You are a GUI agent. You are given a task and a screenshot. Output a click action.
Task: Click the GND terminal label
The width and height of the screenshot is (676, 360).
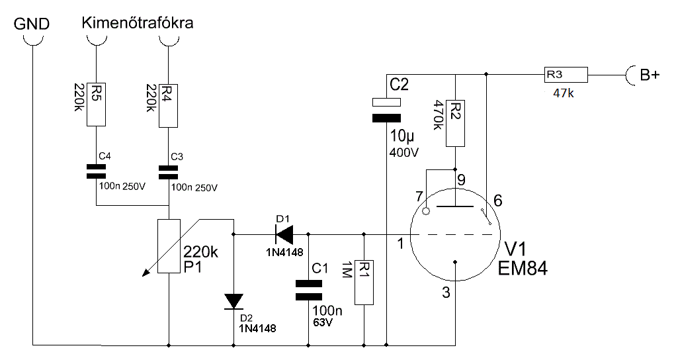32,24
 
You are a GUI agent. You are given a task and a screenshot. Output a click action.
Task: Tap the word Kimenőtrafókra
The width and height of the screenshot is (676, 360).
138,22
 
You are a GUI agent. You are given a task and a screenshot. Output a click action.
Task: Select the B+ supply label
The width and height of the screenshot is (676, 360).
650,75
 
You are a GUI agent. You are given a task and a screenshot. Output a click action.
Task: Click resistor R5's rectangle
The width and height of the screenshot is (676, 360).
96,105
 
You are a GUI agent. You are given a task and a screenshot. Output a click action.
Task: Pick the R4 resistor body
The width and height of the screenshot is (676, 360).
168,106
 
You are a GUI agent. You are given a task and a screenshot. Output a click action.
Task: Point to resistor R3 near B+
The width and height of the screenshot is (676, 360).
566,75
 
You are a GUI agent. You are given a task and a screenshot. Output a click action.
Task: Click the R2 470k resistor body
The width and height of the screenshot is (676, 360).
455,124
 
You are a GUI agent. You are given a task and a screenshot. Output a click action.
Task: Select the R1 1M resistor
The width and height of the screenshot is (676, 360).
364,283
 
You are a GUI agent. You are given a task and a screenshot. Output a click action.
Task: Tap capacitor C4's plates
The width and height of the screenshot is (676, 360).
96,171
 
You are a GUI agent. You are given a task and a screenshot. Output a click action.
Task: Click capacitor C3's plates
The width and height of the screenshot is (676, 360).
168,173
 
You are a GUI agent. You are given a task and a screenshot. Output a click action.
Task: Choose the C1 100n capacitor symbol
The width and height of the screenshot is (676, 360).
308,290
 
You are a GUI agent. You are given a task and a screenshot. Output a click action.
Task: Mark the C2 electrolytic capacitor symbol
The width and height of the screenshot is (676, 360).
386,110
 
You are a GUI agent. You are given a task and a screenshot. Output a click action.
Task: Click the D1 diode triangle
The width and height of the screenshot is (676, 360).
284,234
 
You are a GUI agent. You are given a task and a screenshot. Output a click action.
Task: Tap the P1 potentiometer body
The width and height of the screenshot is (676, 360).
169,246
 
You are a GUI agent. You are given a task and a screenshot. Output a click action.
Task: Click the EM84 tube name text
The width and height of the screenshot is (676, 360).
523,268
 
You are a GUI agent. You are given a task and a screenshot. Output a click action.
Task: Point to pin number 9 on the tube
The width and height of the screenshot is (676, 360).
461,180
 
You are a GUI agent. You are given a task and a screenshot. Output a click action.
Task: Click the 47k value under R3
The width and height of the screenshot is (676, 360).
564,93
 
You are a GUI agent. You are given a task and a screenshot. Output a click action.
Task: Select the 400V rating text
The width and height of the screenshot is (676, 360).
404,153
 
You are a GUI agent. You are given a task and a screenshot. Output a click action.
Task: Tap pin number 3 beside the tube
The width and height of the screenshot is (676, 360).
446,292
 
